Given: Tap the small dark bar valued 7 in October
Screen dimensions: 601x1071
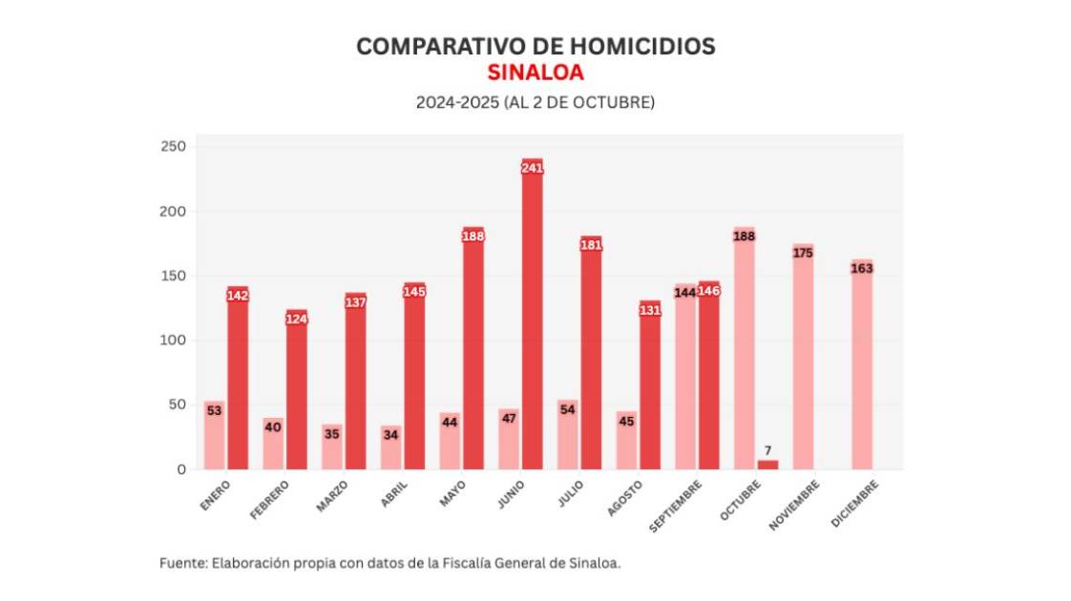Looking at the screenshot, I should pyautogui.click(x=767, y=465).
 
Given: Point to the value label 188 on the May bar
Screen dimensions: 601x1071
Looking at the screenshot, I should pyautogui.click(x=473, y=236).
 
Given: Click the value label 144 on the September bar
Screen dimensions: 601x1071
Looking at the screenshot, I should pyautogui.click(x=685, y=292).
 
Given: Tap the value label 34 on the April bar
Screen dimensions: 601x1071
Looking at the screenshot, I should pyautogui.click(x=390, y=435).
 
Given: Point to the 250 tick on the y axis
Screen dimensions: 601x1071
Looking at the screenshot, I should pyautogui.click(x=173, y=147).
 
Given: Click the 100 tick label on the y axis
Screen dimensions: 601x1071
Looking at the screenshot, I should pyautogui.click(x=173, y=341).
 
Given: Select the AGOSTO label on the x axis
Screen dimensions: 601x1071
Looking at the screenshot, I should pyautogui.click(x=625, y=497).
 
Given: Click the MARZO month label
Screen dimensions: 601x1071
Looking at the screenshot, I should pyautogui.click(x=333, y=496).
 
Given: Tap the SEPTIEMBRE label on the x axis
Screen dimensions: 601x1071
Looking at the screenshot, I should pyautogui.click(x=677, y=503).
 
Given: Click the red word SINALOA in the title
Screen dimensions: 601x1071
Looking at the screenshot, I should pyautogui.click(x=535, y=73).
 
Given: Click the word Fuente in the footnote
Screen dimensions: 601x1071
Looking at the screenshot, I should pyautogui.click(x=181, y=563).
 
